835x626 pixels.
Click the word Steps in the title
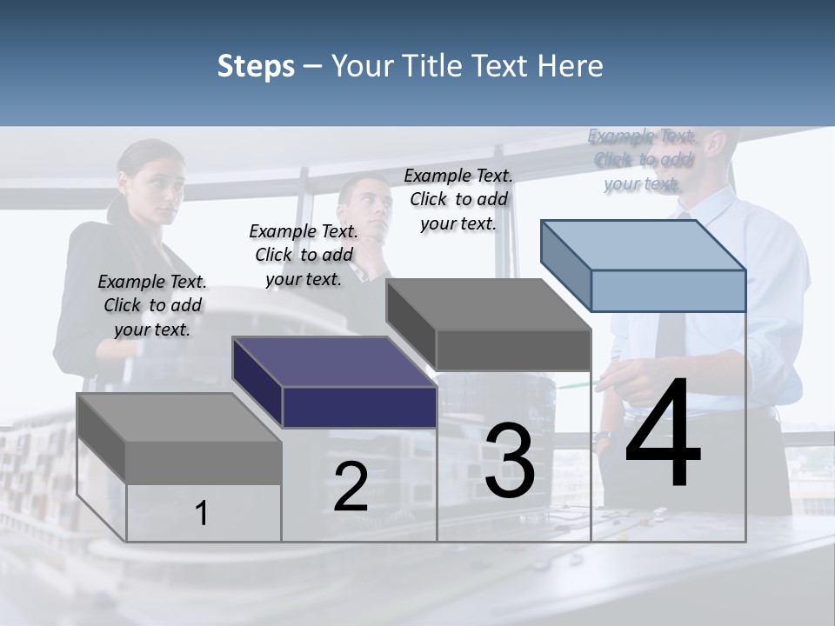255,66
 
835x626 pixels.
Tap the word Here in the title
571,66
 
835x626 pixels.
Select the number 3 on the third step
510,461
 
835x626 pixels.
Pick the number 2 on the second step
351,487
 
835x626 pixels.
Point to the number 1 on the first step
202,514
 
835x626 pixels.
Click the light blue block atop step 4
644,265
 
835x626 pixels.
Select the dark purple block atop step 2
335,383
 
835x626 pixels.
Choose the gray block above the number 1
179,439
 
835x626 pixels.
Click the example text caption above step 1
152,305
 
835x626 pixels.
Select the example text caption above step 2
304,255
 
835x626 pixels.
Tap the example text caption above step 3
458,199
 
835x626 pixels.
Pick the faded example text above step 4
642,159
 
